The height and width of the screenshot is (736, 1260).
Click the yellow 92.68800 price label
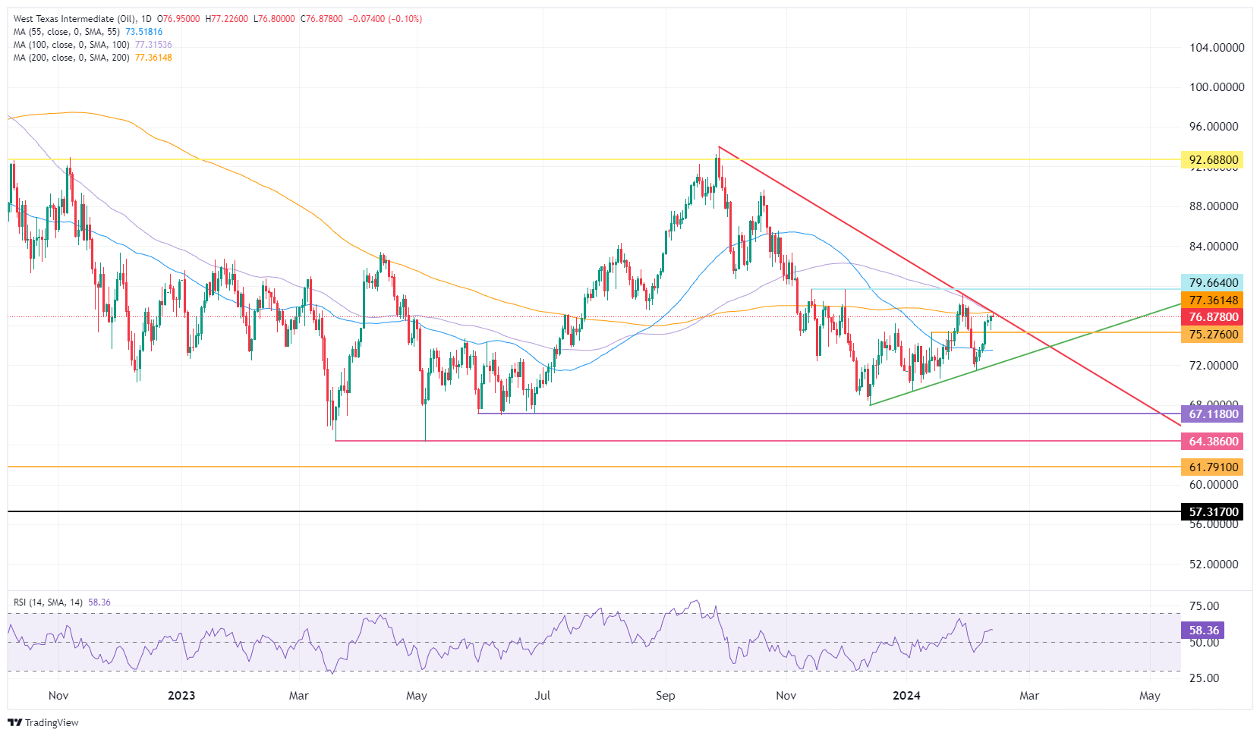click(1212, 160)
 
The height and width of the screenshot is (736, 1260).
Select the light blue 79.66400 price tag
click(1212, 283)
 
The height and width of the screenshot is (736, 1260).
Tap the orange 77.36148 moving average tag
click(1212, 300)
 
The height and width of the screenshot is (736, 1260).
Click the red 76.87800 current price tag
click(1212, 317)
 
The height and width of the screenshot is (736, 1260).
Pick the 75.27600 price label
click(1212, 335)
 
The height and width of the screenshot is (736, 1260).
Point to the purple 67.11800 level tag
click(1212, 414)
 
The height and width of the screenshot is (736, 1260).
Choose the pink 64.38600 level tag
click(1212, 442)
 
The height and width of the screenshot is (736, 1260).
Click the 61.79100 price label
click(1212, 467)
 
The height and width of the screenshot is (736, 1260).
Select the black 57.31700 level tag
click(1212, 512)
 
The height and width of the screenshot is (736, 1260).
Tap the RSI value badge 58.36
click(1203, 631)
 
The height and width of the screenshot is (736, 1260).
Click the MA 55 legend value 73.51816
click(144, 32)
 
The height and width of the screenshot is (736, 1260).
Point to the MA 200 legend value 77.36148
click(153, 58)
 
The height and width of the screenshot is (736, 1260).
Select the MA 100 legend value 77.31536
click(153, 45)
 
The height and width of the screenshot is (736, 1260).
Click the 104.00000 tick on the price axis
click(1217, 48)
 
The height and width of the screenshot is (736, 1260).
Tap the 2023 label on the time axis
click(181, 696)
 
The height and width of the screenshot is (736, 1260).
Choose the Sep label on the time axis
click(665, 696)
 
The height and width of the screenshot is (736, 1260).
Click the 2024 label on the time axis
click(906, 696)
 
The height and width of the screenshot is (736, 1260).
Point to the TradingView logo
click(43, 722)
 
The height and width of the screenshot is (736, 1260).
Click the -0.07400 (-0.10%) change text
click(385, 19)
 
